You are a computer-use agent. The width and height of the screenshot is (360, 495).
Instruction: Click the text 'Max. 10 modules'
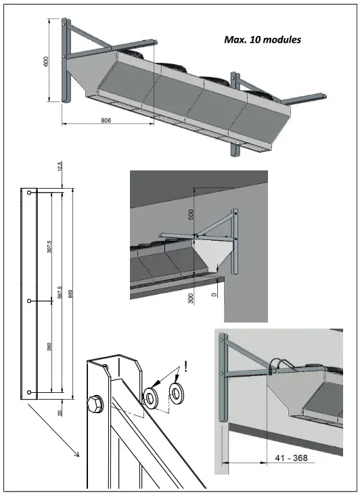click(262, 40)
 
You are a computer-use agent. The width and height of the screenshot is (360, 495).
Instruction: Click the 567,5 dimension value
click(60, 296)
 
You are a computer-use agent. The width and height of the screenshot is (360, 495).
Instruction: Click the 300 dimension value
click(191, 298)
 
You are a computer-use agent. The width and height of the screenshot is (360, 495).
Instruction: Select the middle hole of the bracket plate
click(28, 300)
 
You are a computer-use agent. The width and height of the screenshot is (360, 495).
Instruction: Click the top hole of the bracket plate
click(28, 193)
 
